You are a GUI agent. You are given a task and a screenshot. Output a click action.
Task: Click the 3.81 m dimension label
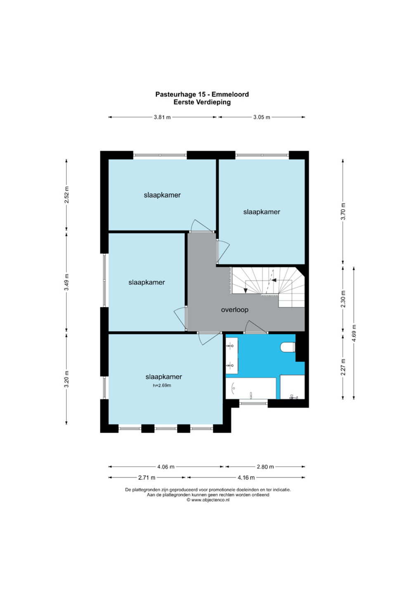click(x=162, y=117)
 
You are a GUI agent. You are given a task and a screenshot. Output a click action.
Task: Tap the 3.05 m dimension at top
click(x=262, y=117)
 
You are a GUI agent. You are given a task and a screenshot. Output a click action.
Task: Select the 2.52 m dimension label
click(x=66, y=195)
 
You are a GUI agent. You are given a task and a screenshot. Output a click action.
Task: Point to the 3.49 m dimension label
click(x=66, y=282)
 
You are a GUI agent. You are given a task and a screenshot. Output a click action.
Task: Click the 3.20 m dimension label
click(x=66, y=379)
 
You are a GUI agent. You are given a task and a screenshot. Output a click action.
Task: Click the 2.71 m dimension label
click(x=146, y=478)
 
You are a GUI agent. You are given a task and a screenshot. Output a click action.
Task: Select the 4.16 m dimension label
click(x=246, y=478)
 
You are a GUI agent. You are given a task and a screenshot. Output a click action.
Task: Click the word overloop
click(x=235, y=310)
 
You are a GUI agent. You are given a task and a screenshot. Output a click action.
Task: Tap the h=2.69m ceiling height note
click(x=162, y=386)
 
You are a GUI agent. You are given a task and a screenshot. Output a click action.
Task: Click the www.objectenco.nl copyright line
click(x=208, y=500)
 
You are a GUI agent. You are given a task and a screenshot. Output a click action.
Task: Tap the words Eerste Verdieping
click(x=202, y=102)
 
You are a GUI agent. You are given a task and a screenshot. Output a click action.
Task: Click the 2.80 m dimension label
click(x=265, y=467)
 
